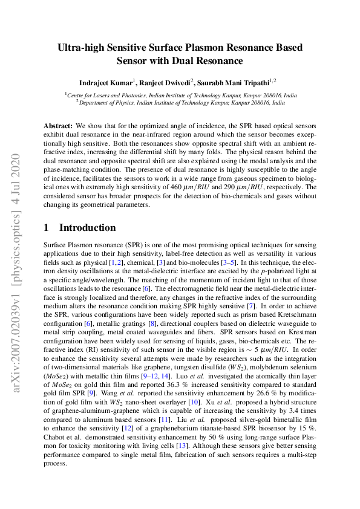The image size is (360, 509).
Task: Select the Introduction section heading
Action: pyautogui.click(x=87, y=228)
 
